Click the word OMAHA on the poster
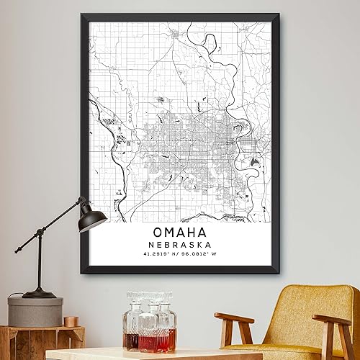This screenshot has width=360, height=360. [179, 233]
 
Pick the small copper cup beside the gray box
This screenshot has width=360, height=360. [71, 321]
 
